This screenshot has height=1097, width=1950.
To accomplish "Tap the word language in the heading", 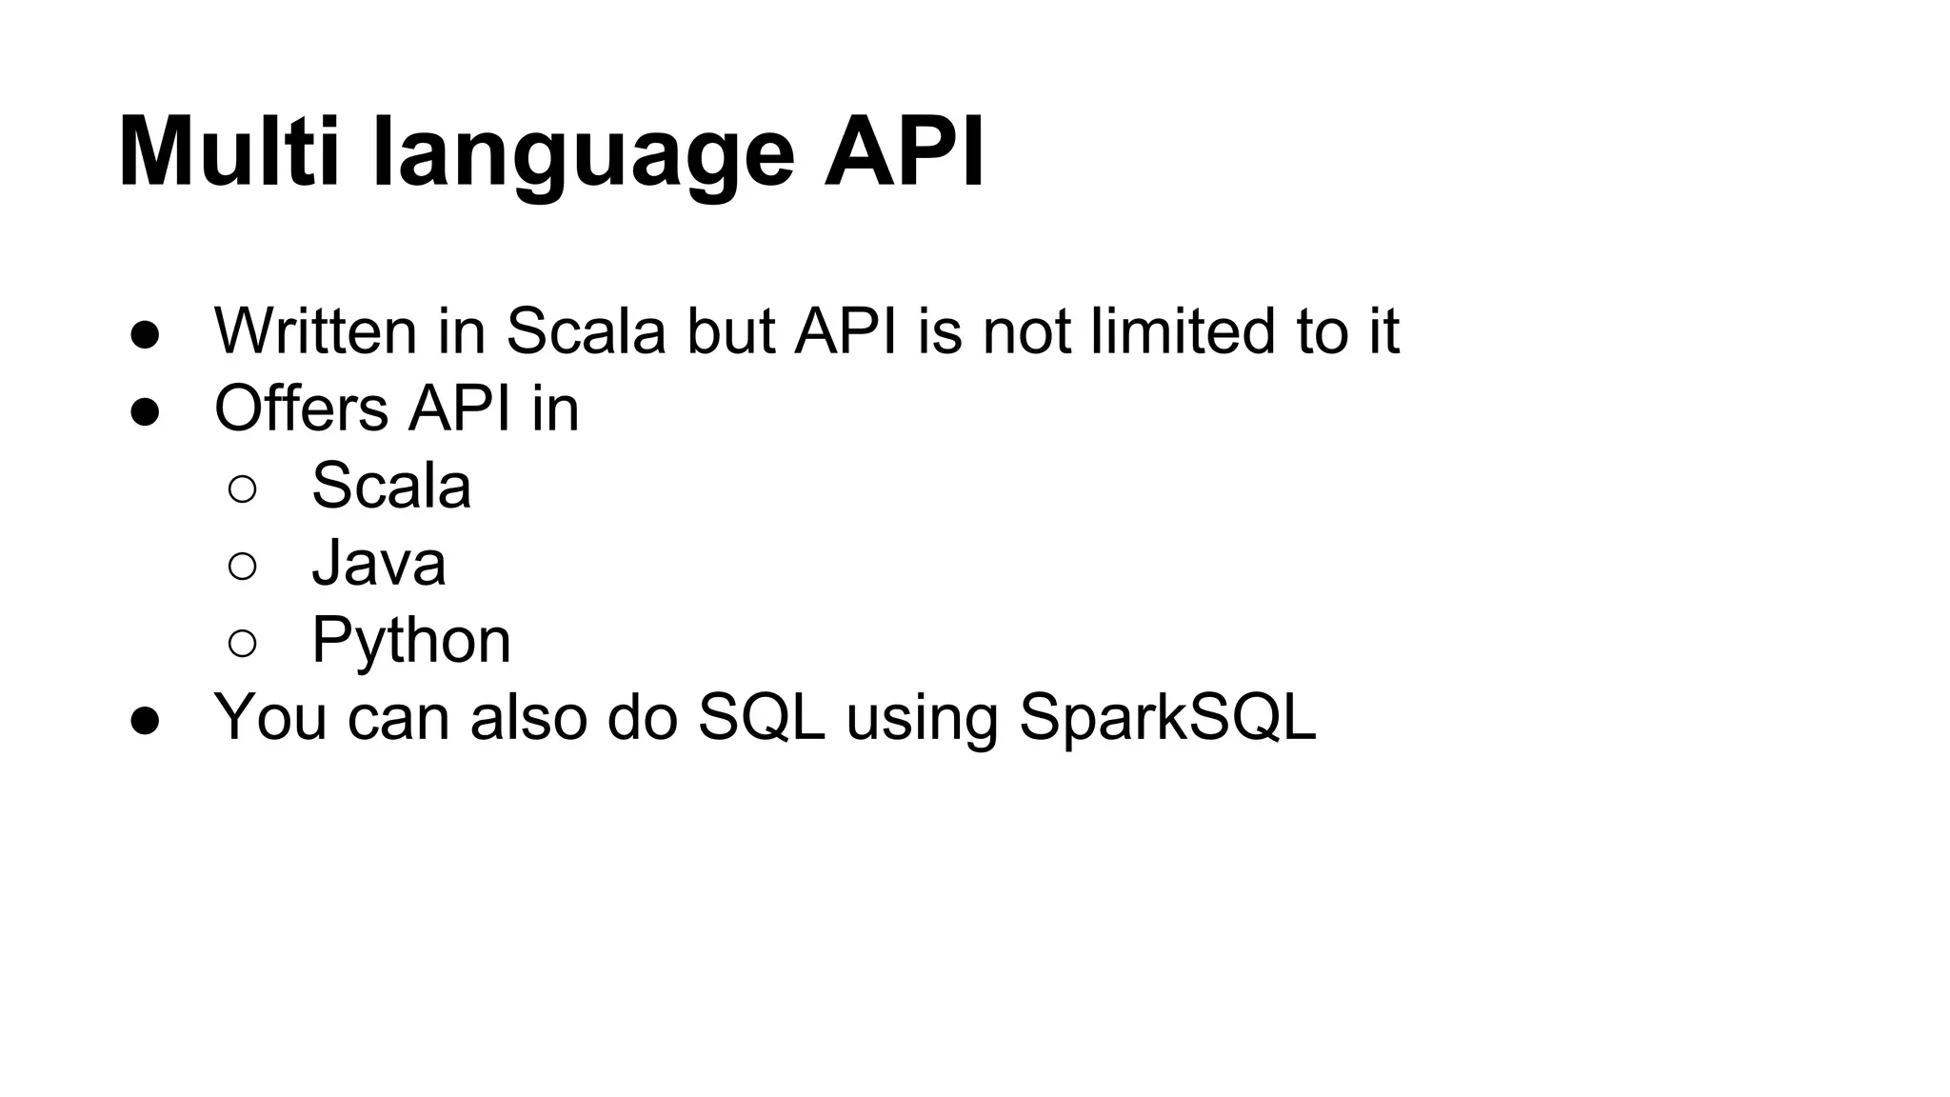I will (583, 157).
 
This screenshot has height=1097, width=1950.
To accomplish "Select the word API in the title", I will (904, 152).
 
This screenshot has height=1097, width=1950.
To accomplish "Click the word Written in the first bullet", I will (315, 331).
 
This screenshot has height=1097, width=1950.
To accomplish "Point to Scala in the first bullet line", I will (585, 331).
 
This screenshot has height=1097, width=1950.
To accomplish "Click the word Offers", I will (301, 409).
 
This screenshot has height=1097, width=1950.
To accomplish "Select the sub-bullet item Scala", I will (391, 486).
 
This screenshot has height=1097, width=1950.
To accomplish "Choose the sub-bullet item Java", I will (378, 563).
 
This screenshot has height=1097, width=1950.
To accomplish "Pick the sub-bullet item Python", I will (411, 641).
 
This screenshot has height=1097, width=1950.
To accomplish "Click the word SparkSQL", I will (1167, 717).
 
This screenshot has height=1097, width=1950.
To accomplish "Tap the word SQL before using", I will (761, 717).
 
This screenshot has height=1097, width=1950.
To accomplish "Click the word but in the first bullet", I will (730, 331).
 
